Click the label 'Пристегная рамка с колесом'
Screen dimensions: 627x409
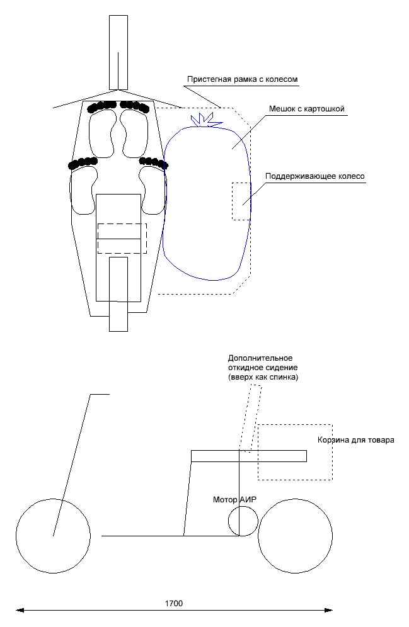pyautogui.click(x=242, y=80)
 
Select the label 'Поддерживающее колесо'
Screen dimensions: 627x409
pyautogui.click(x=315, y=177)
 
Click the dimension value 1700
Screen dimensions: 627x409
pyautogui.click(x=173, y=602)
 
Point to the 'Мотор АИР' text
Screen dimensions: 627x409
pyautogui.click(x=235, y=500)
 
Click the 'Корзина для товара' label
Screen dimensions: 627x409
pyautogui.click(x=355, y=440)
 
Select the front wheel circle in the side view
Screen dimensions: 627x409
pyautogui.click(x=53, y=536)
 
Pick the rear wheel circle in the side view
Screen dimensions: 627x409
pyautogui.click(x=296, y=536)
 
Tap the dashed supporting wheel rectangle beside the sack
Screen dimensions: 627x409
pyautogui.click(x=241, y=201)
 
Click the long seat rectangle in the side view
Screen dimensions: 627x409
pyautogui.click(x=249, y=456)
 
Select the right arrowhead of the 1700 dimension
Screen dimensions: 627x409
pyautogui.click(x=329, y=609)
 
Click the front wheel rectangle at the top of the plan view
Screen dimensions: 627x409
pyautogui.click(x=118, y=52)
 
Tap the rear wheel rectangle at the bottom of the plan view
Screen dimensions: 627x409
pyautogui.click(x=118, y=293)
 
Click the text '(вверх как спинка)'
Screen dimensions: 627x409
pyautogui.click(x=258, y=377)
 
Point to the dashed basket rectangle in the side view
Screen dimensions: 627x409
pyautogui.click(x=295, y=452)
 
